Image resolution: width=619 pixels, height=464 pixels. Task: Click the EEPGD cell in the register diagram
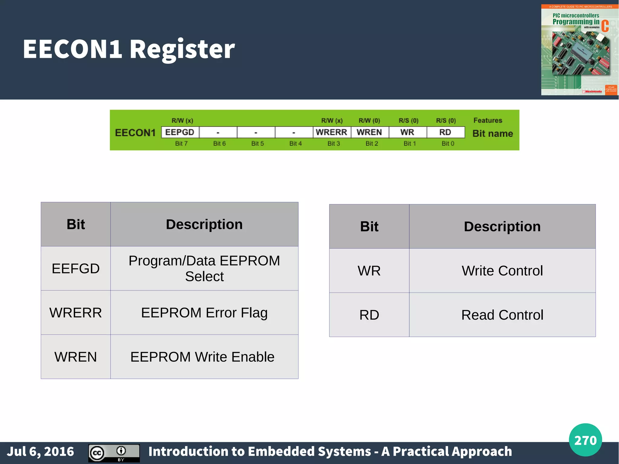tap(180, 132)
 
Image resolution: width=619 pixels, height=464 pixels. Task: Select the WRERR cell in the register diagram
tap(332, 132)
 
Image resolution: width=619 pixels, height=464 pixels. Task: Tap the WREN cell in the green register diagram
tap(369, 132)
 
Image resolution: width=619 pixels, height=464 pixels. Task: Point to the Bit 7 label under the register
tap(181, 144)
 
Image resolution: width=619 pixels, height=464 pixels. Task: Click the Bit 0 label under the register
tap(448, 144)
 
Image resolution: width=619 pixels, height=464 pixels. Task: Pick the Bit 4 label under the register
tap(295, 144)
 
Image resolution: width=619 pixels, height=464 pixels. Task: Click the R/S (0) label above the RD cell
tap(446, 121)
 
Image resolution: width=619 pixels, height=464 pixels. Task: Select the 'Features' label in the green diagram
tap(488, 120)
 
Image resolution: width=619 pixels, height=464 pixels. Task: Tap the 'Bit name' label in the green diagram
tap(492, 133)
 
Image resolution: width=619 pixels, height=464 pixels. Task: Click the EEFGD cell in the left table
tap(76, 268)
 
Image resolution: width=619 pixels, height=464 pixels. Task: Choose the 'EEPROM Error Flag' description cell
tap(204, 313)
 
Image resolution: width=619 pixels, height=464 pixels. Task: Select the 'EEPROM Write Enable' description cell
tap(203, 357)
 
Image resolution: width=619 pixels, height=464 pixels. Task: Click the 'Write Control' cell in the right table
tap(502, 271)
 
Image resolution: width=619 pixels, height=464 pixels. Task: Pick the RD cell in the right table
tap(369, 315)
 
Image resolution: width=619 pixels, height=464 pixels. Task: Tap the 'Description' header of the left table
tap(204, 224)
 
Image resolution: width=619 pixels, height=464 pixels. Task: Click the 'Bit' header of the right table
tap(369, 226)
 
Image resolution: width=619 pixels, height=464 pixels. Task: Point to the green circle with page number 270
tap(585, 440)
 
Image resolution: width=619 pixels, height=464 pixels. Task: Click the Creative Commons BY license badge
tap(114, 453)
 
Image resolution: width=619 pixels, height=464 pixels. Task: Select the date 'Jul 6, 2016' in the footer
tap(41, 451)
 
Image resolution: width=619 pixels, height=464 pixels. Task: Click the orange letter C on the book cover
tap(605, 26)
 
